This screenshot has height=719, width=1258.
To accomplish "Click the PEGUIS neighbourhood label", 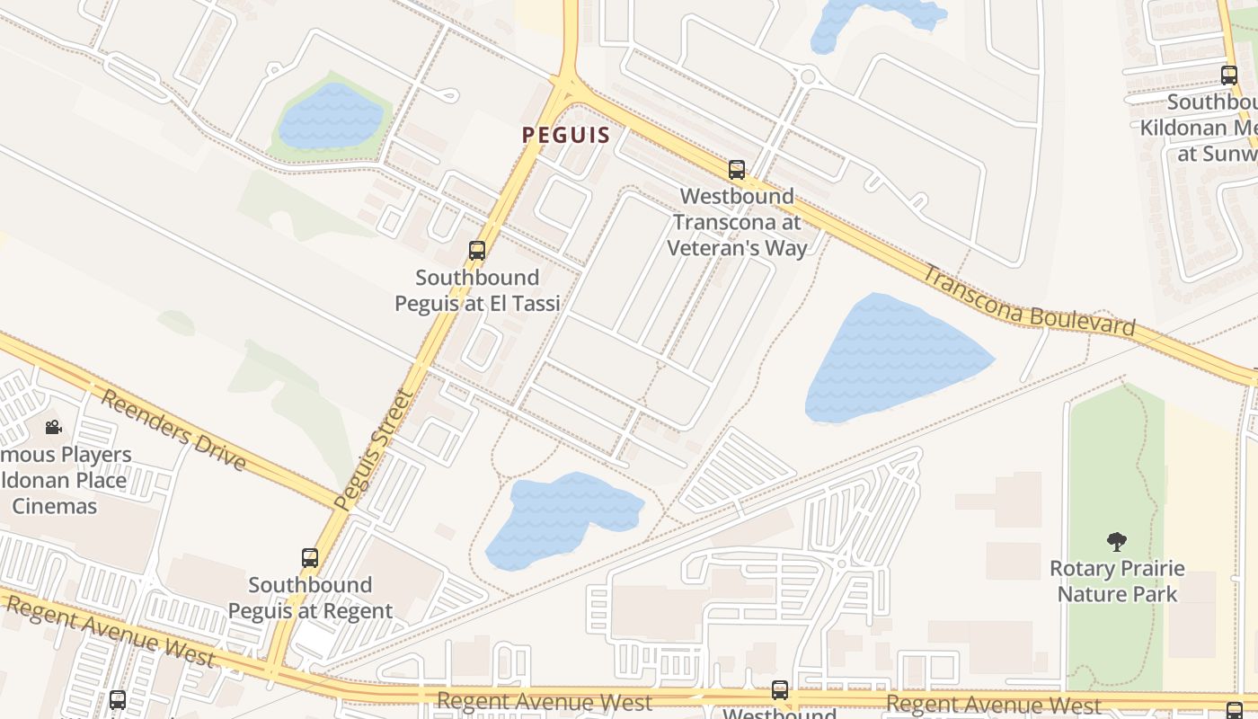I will (566, 136).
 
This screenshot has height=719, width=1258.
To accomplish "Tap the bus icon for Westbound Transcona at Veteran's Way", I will (737, 169).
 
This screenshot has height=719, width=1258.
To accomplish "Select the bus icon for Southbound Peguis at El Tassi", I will (477, 251).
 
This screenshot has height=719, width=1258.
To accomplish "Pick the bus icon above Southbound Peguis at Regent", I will (310, 558).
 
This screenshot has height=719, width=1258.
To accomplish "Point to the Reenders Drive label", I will (172, 431).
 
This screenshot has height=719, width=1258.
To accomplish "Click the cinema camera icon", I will (53, 427).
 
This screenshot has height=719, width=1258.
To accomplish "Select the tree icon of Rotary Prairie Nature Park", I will (1117, 542).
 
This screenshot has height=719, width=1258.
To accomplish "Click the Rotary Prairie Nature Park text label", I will (1117, 581).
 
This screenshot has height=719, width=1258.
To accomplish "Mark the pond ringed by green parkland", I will (332, 116).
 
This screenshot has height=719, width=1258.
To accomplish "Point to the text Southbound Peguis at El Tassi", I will (477, 290).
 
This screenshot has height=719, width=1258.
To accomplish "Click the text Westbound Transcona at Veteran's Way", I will (737, 222).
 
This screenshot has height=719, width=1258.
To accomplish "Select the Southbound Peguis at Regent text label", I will (310, 598).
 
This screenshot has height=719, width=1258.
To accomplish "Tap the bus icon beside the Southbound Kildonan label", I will (1228, 75).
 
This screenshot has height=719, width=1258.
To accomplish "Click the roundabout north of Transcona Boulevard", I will (807, 75).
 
